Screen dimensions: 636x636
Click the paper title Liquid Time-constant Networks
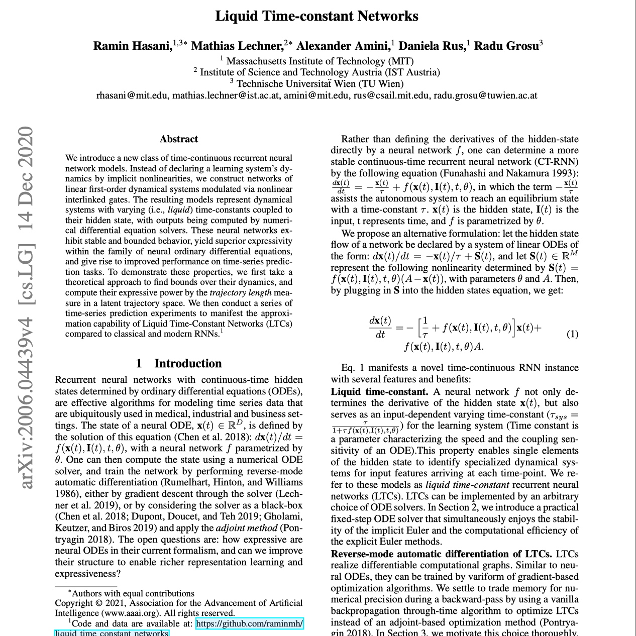click(316, 16)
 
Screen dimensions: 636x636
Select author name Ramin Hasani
click(132, 46)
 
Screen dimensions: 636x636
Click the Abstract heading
click(179, 139)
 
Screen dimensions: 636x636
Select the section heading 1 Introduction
click(179, 363)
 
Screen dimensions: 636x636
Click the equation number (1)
click(572, 334)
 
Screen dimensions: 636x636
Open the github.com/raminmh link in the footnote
click(249, 624)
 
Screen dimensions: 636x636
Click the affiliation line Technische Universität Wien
click(320, 83)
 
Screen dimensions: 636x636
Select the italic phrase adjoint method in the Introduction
click(246, 528)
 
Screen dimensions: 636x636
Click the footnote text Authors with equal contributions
click(133, 593)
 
